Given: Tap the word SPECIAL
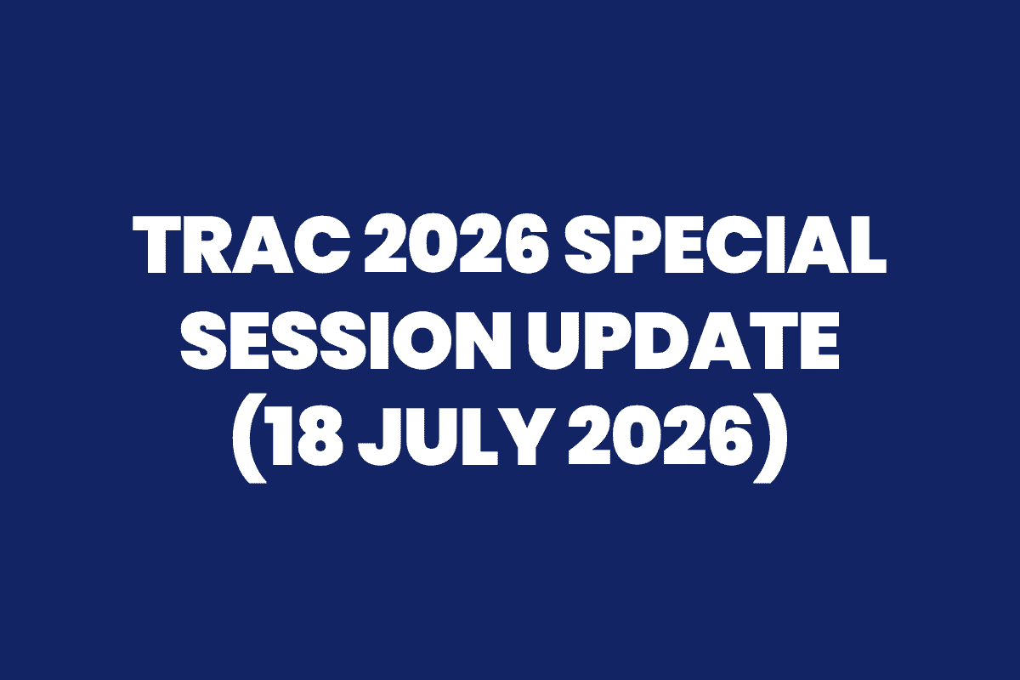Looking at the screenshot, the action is coord(725,245).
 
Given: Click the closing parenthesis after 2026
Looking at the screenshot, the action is coord(769,437).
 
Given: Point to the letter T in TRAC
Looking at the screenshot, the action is coord(157,245).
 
